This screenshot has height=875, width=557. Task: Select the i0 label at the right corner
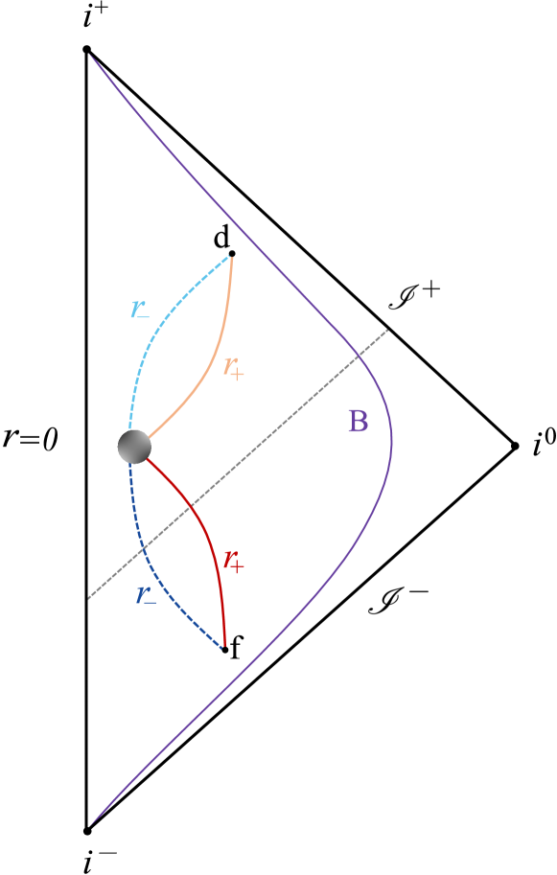[544, 443]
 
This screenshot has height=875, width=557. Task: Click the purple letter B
[358, 422]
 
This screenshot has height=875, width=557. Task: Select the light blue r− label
[140, 311]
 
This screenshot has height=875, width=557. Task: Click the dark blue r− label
[146, 594]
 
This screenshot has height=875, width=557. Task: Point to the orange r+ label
[233, 367]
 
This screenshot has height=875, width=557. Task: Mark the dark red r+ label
[233, 561]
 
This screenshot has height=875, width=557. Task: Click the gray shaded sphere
[134, 446]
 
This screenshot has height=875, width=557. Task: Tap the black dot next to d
[232, 253]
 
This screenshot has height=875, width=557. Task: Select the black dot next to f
[225, 650]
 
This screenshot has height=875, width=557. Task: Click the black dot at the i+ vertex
[86, 49]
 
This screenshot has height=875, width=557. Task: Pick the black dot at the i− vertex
[86, 830]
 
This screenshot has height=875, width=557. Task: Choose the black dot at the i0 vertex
[514, 446]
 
